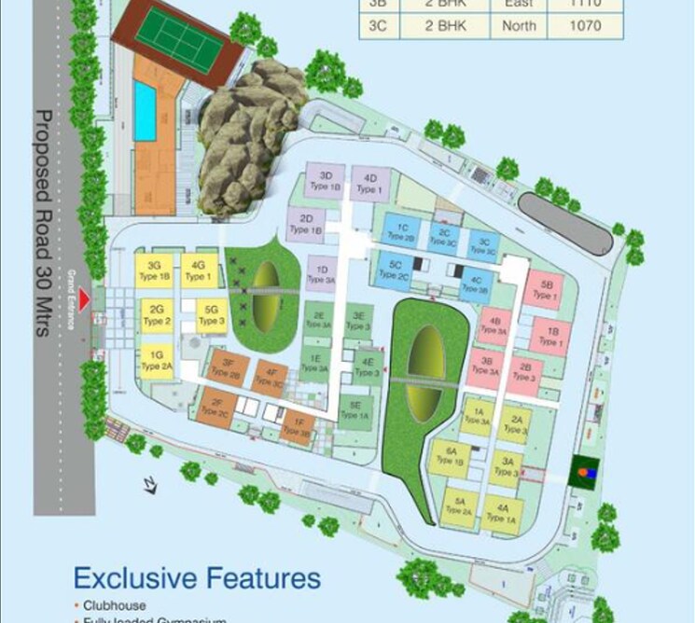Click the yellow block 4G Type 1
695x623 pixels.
pyautogui.click(x=197, y=270)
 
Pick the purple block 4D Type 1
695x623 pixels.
pyautogui.click(x=369, y=184)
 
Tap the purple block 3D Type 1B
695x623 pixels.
pyautogui.click(x=327, y=182)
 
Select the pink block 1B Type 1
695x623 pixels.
pyautogui.click(x=552, y=336)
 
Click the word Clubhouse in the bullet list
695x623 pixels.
pyautogui.click(x=115, y=605)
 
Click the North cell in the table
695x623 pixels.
pyautogui.click(x=519, y=25)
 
